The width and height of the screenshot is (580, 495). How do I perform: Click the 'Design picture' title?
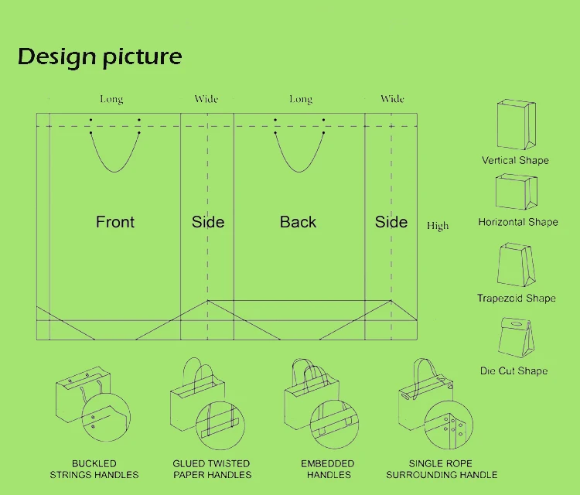[100, 56]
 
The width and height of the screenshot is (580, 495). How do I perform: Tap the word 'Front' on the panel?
[115, 222]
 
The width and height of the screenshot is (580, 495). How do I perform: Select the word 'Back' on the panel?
[298, 222]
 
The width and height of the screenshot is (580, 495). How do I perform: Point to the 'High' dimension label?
[438, 226]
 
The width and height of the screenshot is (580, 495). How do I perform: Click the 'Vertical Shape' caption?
[515, 160]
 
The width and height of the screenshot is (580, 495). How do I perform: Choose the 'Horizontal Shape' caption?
[517, 222]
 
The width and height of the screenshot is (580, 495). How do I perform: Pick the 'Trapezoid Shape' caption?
[517, 298]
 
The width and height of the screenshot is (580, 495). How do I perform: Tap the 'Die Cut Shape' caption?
[513, 370]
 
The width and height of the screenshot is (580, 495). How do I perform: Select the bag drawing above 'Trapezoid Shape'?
[516, 265]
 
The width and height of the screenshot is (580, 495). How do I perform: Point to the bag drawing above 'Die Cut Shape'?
[515, 338]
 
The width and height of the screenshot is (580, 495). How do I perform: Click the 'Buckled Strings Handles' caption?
[94, 469]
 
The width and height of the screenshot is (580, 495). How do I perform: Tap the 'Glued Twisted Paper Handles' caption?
[212, 469]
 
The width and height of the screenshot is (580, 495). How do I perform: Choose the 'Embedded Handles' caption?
[328, 469]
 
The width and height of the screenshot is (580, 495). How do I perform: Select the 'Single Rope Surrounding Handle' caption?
[442, 469]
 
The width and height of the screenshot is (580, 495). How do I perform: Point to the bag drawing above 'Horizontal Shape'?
[516, 193]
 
